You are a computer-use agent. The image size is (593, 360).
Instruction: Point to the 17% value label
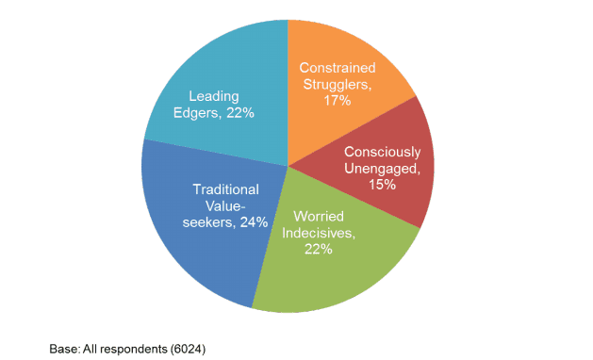[336, 100]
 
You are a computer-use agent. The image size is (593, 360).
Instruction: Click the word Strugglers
[333, 84]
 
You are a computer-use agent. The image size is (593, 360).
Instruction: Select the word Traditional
[225, 189]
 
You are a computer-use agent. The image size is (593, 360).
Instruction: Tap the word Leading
[213, 96]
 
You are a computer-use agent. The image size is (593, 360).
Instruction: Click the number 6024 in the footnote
[187, 349]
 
